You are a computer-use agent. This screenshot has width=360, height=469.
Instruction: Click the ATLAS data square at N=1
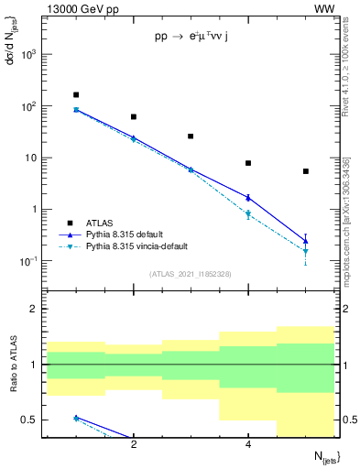(76, 94)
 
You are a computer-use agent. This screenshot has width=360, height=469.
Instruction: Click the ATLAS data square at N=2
(134, 117)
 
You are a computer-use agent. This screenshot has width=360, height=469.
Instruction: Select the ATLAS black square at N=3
(191, 136)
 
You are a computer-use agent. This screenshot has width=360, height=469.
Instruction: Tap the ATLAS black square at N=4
(248, 163)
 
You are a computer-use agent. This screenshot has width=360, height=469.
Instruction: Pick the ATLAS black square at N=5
(306, 171)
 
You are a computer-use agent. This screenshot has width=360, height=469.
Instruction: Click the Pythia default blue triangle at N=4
(248, 197)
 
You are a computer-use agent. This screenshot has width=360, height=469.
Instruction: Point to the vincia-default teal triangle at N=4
(248, 214)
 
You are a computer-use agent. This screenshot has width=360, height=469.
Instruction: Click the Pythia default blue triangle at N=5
(306, 241)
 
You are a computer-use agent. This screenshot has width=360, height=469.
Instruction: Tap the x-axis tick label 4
(248, 445)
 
